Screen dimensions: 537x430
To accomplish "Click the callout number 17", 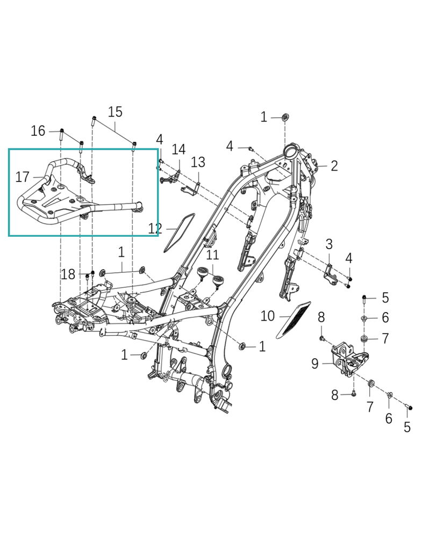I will coord(22,177).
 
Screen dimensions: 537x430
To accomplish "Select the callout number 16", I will coord(38,130).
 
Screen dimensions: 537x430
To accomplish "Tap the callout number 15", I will coord(115,112).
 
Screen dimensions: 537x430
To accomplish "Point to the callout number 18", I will coord(68,274).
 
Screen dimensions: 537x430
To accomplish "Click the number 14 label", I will coord(178,149).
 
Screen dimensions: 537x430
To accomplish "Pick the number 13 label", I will coord(198,162).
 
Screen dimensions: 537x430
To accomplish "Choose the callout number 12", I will coord(155,229).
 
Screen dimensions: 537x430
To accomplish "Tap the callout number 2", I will coord(334,165).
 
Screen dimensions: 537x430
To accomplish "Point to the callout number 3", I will coord(329,245).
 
